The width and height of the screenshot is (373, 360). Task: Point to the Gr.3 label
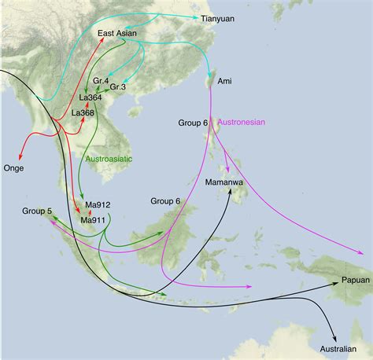120,86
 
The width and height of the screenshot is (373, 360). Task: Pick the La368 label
83,112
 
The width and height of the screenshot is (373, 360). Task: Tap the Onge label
13,168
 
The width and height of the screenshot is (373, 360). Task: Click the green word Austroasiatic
108,159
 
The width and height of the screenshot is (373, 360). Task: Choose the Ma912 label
93,208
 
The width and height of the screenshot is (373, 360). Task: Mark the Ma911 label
93,220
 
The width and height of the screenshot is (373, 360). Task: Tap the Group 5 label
37,211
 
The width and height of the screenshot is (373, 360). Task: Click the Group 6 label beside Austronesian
194,123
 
